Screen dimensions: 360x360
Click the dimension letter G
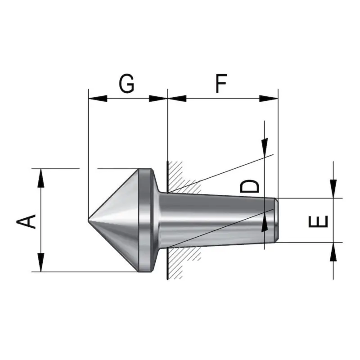pyautogui.click(x=126, y=83)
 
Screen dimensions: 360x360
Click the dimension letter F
pyautogui.click(x=221, y=83)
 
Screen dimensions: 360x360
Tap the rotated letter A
pyautogui.click(x=26, y=221)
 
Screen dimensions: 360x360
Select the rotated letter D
pyautogui.click(x=249, y=186)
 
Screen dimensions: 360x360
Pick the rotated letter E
pyautogui.click(x=318, y=221)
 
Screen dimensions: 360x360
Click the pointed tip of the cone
pyautogui.click(x=88, y=220)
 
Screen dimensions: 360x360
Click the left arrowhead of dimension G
pyautogui.click(x=98, y=99)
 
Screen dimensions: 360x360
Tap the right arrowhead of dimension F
pyautogui.click(x=269, y=99)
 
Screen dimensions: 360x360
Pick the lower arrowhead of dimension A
pyautogui.click(x=41, y=262)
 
